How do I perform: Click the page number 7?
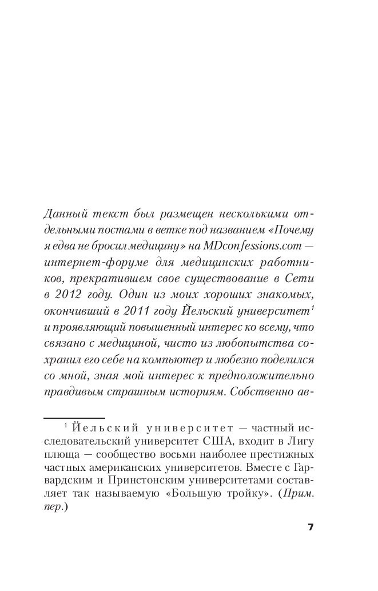coord(311,527)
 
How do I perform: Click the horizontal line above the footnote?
coord(74,418)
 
